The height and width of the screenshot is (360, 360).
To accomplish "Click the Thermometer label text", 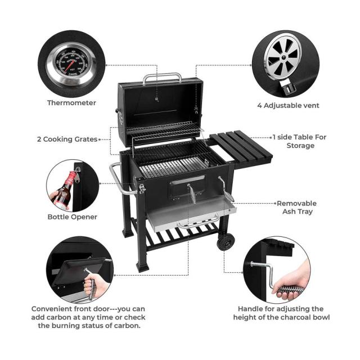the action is [x=71, y=102].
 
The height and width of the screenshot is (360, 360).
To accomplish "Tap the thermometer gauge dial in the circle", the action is [x=71, y=64].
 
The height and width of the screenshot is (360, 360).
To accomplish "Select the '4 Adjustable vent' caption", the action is [x=288, y=105].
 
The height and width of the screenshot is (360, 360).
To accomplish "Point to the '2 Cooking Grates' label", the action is [x=67, y=139].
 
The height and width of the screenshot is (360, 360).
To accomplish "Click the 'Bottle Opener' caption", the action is [x=73, y=217].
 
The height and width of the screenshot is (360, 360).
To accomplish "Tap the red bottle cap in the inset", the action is [x=72, y=175].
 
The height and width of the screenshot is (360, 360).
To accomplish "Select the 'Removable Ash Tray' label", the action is [x=296, y=208].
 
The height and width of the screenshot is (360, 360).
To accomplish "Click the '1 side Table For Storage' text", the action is [x=300, y=141].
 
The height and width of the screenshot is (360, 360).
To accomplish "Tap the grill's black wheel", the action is [x=226, y=242].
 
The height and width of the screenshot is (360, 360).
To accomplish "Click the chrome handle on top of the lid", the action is [x=162, y=78].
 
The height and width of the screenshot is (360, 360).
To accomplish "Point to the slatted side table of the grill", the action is [x=241, y=148].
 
